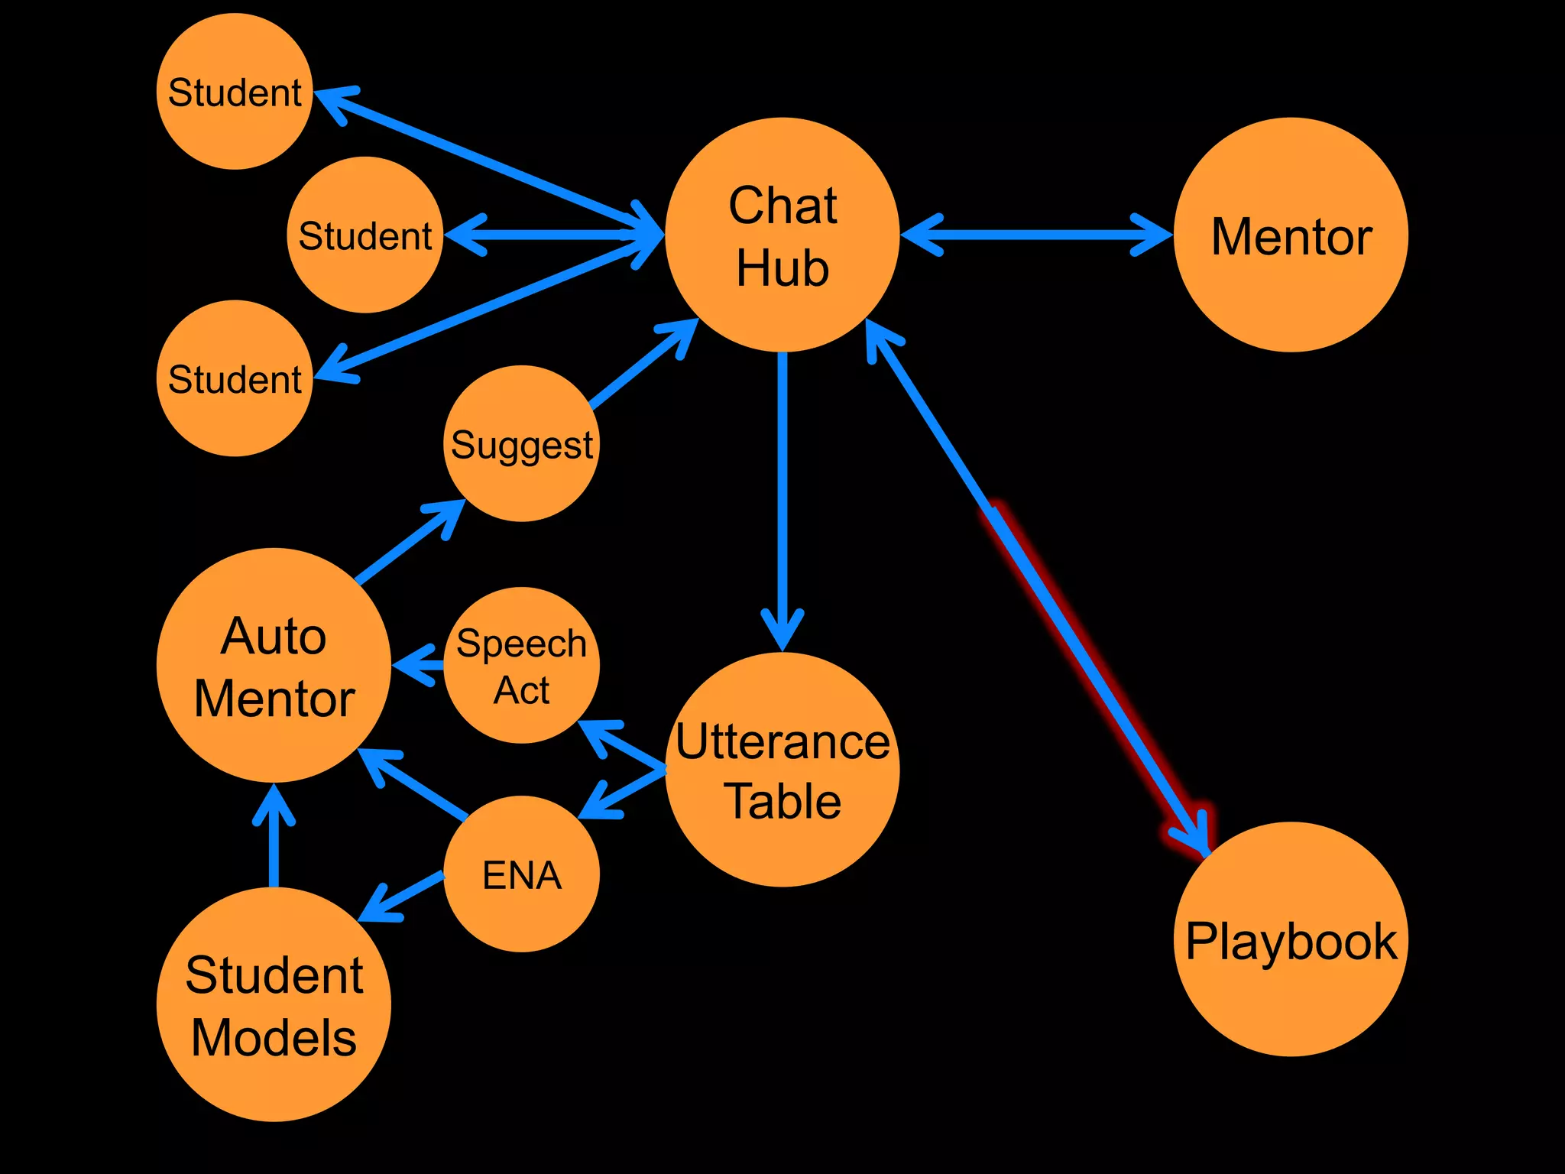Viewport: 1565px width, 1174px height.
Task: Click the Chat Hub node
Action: [x=782, y=235]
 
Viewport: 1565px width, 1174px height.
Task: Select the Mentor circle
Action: [x=1291, y=235]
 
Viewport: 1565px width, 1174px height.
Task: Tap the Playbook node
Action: [x=1291, y=939]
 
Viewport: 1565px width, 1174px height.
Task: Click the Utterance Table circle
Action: [x=782, y=770]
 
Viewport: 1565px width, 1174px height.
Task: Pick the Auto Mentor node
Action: [x=274, y=665]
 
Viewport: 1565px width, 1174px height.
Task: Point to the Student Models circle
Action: [x=274, y=1004]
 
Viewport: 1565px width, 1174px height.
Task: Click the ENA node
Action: [x=522, y=874]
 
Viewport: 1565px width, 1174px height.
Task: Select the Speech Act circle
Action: [x=522, y=665]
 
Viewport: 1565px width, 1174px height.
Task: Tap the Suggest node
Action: [x=522, y=443]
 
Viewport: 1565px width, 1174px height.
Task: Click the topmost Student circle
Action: [x=235, y=91]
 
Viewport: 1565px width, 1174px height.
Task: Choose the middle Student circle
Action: [x=365, y=235]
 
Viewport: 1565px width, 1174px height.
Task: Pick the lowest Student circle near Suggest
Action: [x=235, y=378]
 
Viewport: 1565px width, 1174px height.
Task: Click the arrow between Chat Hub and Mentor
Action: [x=1035, y=235]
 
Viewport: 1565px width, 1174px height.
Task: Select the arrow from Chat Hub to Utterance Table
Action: [x=782, y=497]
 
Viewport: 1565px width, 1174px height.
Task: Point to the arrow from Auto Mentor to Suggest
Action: [x=409, y=543]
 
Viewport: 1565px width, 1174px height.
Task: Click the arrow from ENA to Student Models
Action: [x=401, y=895]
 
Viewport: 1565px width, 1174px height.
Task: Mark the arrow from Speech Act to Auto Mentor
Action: [x=419, y=666]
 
